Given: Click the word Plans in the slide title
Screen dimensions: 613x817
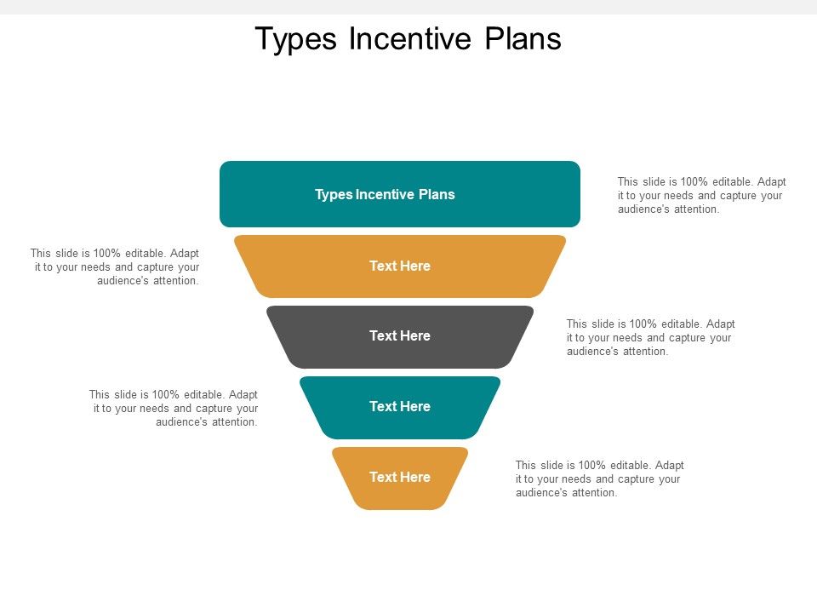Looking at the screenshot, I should pos(523,39).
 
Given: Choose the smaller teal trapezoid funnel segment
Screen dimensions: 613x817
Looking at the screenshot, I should pos(340,407).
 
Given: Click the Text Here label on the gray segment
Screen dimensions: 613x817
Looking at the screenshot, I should pos(400,336).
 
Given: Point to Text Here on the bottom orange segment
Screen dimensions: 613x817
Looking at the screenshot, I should pos(400,478).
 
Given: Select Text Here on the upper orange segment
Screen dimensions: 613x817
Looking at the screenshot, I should pos(400,266).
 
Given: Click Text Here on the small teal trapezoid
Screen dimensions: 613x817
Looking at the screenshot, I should pos(400,407).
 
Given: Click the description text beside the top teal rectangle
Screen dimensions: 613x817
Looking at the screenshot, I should pos(701,195).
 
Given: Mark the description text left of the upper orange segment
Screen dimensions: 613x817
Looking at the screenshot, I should pos(115,266).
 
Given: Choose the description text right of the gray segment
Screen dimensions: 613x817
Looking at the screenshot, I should pos(650,337).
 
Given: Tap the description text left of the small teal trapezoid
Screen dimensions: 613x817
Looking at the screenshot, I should pos(174,408).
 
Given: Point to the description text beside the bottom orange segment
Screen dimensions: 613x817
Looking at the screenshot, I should pos(599,478).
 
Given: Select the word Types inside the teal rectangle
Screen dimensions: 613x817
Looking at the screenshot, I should pos(333,194).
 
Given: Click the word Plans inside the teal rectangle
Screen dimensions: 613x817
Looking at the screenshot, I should pos(437,194).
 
